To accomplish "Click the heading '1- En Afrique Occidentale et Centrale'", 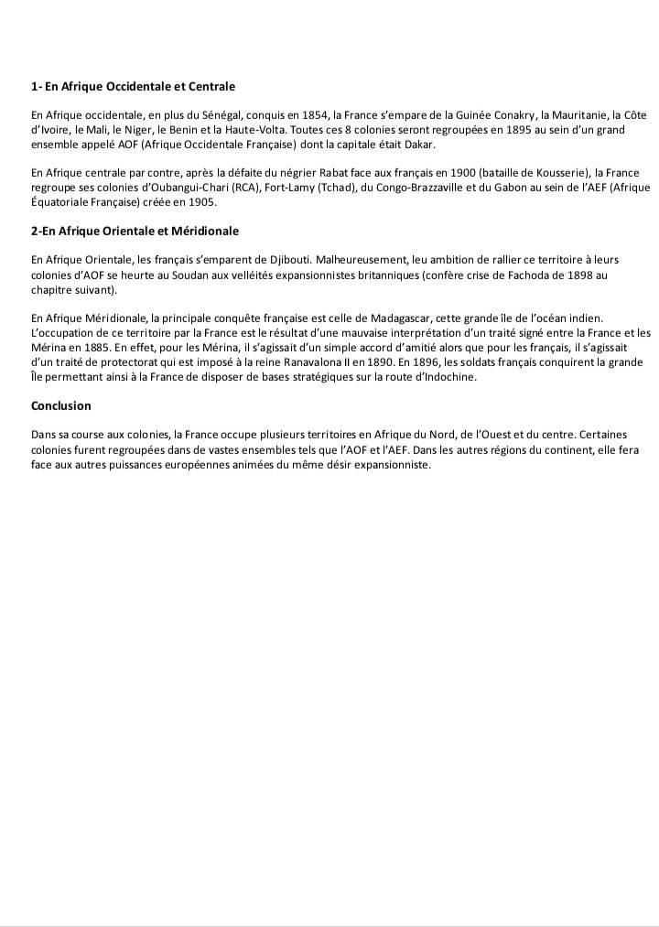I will [133, 87].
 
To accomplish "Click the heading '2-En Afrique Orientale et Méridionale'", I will [135, 232].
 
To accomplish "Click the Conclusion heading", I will [61, 405].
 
